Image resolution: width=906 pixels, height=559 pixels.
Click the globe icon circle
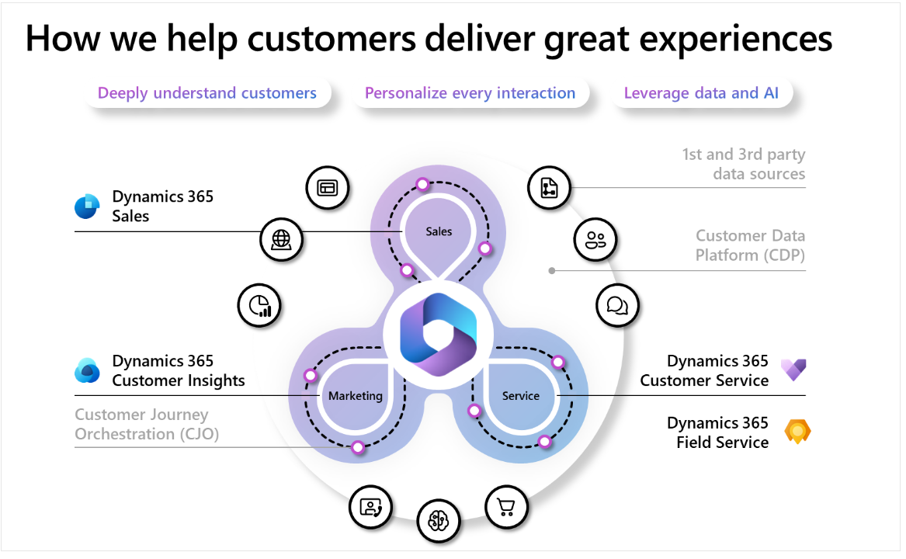[x=281, y=239]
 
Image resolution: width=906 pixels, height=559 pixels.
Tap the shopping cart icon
[x=506, y=507]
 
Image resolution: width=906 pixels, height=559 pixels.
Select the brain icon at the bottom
[x=439, y=520]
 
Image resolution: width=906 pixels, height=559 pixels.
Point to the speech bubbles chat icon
[x=617, y=306]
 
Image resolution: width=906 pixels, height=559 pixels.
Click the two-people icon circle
[x=595, y=239]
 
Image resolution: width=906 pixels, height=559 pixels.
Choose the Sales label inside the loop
[x=439, y=231]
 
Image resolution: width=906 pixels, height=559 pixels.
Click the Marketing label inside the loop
[x=356, y=396]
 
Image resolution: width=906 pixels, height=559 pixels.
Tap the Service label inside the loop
[x=521, y=396]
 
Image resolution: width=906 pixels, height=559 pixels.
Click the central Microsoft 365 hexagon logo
[x=438, y=334]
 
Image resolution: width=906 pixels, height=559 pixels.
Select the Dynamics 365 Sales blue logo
[x=87, y=207]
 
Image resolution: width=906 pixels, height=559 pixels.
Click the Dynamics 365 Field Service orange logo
[x=797, y=432]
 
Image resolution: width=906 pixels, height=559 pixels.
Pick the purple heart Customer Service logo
[x=793, y=370]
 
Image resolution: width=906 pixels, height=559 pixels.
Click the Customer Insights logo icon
[x=87, y=371]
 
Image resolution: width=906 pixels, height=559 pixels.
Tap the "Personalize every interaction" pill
[x=470, y=94]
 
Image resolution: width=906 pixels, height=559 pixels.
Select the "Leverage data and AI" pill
[x=702, y=94]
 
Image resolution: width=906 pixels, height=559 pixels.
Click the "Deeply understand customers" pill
[x=207, y=94]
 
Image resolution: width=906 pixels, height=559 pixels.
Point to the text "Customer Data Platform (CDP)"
[x=750, y=245]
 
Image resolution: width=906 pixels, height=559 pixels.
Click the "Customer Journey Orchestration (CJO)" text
[x=147, y=425]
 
